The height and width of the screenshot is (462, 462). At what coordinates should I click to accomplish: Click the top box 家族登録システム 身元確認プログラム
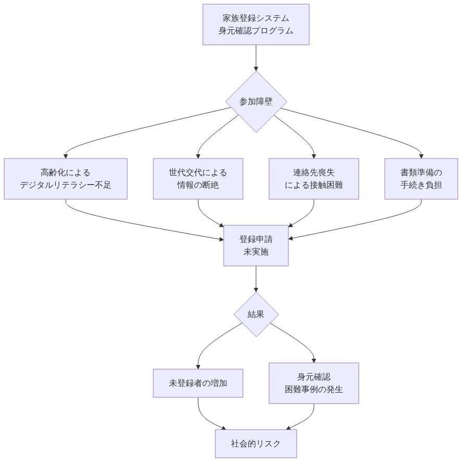pos(256,25)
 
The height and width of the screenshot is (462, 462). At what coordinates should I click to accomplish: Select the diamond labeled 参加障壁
pos(256,102)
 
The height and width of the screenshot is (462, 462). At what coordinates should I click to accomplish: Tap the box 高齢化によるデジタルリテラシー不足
pos(66,179)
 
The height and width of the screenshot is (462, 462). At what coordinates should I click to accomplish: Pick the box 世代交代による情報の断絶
pos(198,179)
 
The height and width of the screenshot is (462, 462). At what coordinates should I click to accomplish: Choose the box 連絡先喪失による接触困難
pos(314,179)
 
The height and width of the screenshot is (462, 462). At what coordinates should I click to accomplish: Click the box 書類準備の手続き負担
pos(421,179)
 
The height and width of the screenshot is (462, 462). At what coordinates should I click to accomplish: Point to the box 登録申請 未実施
pos(256,246)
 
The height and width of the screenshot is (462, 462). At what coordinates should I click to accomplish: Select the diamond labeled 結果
pos(256,314)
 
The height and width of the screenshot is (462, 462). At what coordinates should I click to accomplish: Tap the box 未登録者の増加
pos(198,383)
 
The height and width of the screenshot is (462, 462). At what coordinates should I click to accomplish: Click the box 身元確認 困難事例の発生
pos(314,383)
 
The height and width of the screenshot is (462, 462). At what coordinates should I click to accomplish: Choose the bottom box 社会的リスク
pos(256,444)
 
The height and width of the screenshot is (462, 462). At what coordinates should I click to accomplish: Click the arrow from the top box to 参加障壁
pos(256,57)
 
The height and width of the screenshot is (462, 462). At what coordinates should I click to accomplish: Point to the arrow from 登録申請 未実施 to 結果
pos(256,278)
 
